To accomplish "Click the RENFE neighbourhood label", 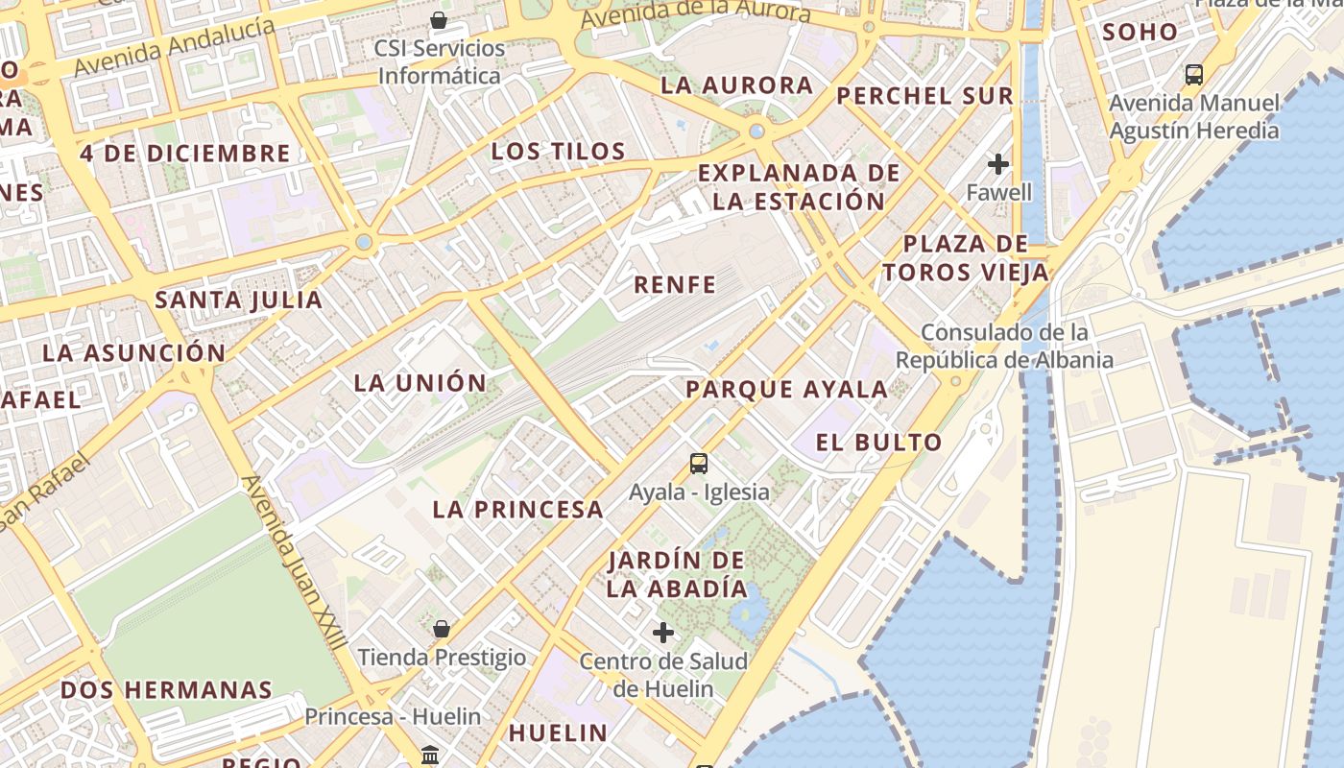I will [x=675, y=284].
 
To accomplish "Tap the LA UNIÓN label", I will [x=420, y=383].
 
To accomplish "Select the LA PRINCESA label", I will [x=517, y=510].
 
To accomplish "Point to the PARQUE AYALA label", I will [x=786, y=390].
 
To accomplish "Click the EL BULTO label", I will [x=878, y=443].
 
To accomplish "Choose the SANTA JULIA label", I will [x=239, y=300].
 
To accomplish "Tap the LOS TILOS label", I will [x=558, y=152].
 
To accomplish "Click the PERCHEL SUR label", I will [x=924, y=96].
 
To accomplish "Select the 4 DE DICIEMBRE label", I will [x=184, y=154].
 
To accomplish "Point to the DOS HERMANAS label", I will [x=166, y=690].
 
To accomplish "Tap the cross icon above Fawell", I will [x=998, y=164].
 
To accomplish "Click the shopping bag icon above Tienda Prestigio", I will [x=442, y=630].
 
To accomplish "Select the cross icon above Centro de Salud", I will [x=662, y=633].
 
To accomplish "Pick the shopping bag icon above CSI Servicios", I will [x=439, y=20].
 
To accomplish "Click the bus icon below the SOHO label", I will [x=1194, y=74].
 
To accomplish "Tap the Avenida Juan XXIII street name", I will [x=293, y=566].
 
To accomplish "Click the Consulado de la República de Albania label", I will [x=1004, y=347].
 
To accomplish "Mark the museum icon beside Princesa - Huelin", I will [x=430, y=755].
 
